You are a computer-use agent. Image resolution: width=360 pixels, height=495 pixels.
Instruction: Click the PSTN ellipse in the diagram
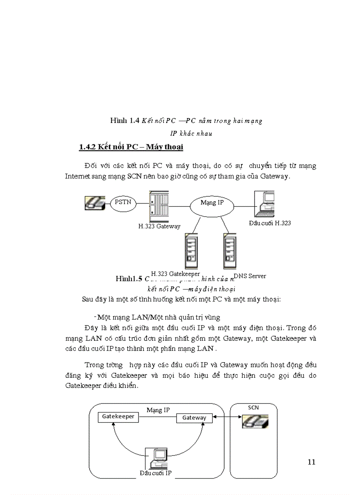(123, 203)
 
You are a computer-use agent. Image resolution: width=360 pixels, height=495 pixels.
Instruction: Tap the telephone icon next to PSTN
(95, 203)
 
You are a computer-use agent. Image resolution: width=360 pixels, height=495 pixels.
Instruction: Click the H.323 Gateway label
(159, 226)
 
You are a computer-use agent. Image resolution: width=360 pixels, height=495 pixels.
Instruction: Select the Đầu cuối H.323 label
(270, 223)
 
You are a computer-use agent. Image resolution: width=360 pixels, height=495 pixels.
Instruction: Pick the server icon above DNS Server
(229, 250)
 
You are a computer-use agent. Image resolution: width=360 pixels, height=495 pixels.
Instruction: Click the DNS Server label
(250, 276)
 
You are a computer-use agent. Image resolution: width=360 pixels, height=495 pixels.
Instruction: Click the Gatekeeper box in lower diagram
(118, 417)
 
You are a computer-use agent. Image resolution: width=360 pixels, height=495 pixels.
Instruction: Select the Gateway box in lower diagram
(194, 418)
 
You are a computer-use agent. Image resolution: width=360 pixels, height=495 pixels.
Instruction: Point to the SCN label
(253, 408)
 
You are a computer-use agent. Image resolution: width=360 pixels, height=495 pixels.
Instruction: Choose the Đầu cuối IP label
(155, 473)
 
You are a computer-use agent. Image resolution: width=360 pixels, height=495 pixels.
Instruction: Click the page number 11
(311, 462)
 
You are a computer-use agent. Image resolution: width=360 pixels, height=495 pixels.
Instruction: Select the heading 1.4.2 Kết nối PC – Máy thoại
(131, 147)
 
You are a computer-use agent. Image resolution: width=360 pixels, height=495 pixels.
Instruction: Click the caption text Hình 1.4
(125, 120)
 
